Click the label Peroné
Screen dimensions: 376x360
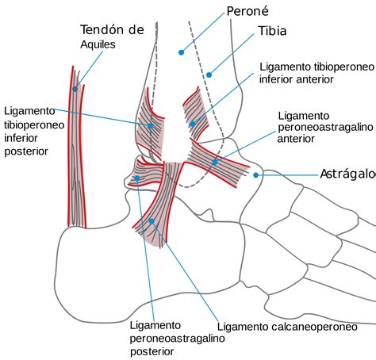(247, 11)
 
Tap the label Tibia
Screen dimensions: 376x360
(272, 31)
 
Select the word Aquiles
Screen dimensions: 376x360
(98, 44)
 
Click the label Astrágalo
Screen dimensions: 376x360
(348, 174)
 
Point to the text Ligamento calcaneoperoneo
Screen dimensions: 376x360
(287, 327)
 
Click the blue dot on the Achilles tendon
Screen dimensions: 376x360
(75, 89)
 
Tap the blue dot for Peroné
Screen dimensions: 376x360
(181, 52)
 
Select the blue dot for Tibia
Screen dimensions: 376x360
(209, 75)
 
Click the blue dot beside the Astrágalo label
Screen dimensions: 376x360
(255, 175)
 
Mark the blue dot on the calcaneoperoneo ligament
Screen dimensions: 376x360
(152, 221)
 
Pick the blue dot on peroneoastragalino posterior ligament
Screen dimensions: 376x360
(137, 178)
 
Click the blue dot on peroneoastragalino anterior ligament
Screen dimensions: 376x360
(215, 162)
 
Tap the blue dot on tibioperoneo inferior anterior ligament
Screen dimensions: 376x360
(193, 124)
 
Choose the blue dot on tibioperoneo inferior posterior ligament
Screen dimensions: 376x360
(150, 126)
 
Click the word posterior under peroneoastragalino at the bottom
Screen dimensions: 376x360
(152, 352)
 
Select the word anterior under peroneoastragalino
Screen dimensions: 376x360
(296, 139)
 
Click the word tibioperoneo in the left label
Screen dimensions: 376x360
(34, 124)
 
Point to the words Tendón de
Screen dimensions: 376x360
(112, 30)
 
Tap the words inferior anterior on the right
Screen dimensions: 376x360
(297, 79)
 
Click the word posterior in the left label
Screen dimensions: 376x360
(26, 151)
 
